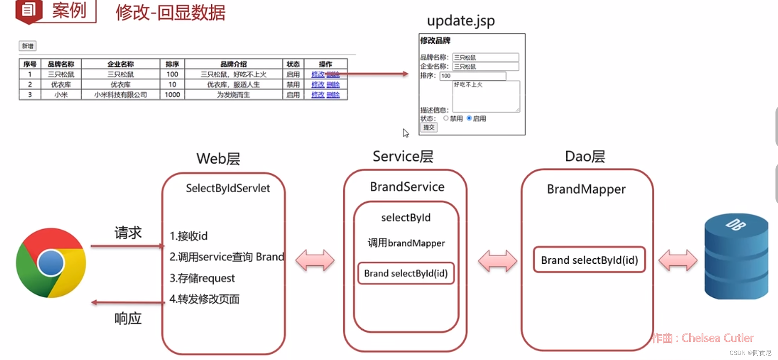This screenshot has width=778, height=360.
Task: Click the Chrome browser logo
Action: click(51, 263)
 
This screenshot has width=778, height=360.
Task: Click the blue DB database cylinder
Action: click(736, 257)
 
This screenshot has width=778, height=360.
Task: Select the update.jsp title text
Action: click(461, 21)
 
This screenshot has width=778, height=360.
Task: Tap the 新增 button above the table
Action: click(28, 46)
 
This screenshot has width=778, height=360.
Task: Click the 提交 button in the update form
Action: click(429, 127)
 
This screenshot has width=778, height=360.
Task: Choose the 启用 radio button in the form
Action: click(469, 118)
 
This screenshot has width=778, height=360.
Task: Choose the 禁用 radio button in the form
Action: click(446, 118)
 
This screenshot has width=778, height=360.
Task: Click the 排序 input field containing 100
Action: click(473, 76)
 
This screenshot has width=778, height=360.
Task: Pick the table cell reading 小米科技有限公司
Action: click(120, 95)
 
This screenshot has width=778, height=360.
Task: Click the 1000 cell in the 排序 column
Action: click(172, 95)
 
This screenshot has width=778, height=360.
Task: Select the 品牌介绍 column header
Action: click(234, 64)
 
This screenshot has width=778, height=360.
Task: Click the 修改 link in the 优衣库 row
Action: click(318, 85)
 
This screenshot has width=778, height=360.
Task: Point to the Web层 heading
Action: click(218, 159)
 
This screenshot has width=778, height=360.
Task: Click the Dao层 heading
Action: click(585, 156)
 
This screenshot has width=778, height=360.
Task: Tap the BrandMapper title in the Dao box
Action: click(586, 189)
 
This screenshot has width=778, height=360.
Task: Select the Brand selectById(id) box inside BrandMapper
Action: click(589, 260)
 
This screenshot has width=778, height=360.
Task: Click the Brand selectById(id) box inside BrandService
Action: click(406, 273)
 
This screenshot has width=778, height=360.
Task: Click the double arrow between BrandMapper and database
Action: click(677, 260)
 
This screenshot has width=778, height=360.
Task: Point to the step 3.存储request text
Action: click(202, 278)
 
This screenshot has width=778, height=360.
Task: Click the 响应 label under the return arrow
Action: click(128, 318)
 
